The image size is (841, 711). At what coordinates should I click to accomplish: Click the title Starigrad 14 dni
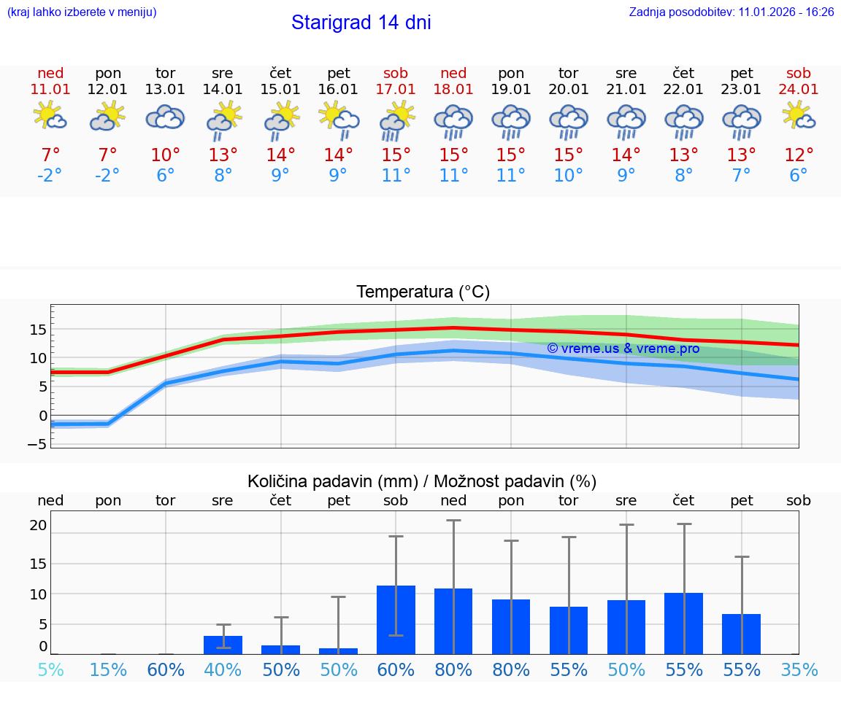(361, 23)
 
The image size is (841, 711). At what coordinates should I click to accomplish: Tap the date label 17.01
(396, 89)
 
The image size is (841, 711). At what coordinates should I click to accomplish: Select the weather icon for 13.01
(165, 118)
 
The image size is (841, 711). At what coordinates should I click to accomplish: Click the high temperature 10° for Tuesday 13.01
(165, 155)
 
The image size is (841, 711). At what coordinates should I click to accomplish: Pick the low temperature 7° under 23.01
(741, 175)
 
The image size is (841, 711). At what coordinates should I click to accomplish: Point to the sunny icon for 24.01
(798, 117)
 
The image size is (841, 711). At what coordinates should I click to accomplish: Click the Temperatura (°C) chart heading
(423, 292)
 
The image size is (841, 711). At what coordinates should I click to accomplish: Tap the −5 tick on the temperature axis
(37, 444)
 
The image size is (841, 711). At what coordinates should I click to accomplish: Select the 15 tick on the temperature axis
(39, 330)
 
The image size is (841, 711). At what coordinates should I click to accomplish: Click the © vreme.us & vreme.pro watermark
(623, 349)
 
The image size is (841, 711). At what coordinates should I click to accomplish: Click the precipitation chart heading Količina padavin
(422, 481)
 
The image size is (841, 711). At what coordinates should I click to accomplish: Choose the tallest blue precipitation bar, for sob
(396, 620)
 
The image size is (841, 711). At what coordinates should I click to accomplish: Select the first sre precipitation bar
(223, 645)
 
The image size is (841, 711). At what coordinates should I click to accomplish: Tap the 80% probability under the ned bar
(453, 670)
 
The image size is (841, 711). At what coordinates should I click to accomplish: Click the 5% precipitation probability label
(50, 670)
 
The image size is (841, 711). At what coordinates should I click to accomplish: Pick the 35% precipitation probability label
(799, 670)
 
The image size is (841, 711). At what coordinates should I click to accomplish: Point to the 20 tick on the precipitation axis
(38, 525)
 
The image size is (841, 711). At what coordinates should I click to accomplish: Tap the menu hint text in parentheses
(82, 12)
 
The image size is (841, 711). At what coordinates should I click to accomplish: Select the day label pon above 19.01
(511, 73)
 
